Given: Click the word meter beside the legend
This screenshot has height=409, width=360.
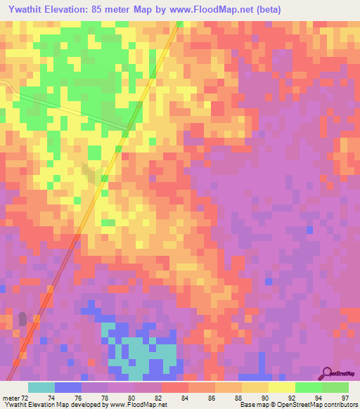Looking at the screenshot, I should [11, 398].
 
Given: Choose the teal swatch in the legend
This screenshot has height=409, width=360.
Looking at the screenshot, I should [41, 387].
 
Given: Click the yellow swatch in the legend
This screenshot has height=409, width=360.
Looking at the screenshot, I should [282, 387].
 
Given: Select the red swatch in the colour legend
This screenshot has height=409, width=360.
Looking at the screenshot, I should [175, 387].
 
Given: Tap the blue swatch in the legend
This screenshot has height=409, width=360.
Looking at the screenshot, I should [67, 387].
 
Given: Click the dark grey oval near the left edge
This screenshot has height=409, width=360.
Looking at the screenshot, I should [22, 319].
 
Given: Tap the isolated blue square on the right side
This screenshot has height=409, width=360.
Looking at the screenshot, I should [309, 230].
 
